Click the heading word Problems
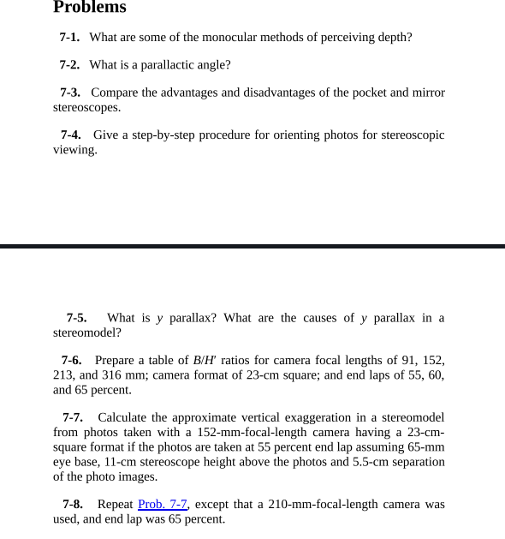point(89,8)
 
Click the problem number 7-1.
point(69,38)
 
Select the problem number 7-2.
point(69,65)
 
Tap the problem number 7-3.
point(70,93)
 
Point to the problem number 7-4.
point(71,135)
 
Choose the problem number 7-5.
point(76,318)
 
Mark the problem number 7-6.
point(71,361)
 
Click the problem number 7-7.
point(72,418)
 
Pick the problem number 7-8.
point(72,505)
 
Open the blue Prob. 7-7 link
point(163,505)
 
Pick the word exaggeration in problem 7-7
point(306,418)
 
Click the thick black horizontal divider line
point(253,246)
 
